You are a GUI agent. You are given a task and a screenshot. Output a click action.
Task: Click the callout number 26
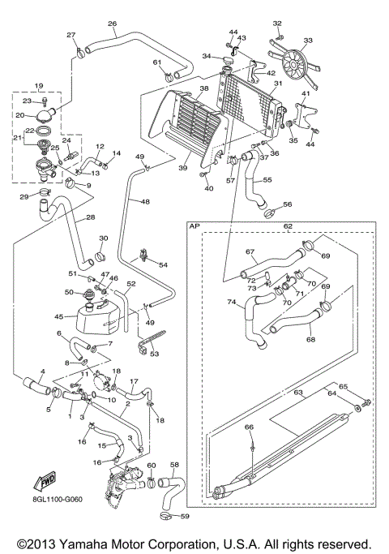click(x=112, y=24)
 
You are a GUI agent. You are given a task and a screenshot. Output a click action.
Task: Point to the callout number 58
click(x=174, y=465)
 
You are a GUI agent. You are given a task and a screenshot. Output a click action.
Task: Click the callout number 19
click(x=37, y=85)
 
